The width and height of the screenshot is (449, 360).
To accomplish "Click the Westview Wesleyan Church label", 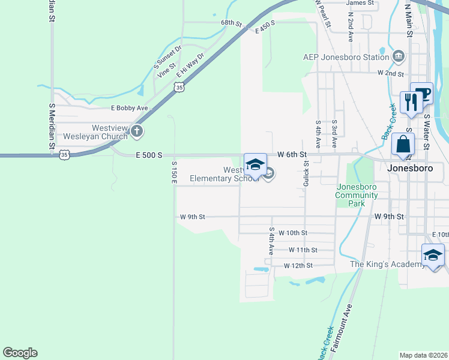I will [109, 132].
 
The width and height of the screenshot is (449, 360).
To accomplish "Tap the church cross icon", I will [137, 130].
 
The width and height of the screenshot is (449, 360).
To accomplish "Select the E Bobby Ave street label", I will [130, 108].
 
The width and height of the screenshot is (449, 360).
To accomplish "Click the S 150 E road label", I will [175, 172].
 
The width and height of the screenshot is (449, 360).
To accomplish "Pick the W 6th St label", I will [291, 154].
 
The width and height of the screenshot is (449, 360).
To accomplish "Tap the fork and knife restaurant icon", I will [411, 101].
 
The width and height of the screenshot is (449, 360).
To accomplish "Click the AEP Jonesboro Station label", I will [346, 58].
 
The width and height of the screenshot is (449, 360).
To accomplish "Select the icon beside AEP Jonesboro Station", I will [399, 57].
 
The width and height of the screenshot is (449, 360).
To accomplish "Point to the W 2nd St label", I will [390, 73].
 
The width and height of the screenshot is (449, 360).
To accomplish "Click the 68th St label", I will [231, 23].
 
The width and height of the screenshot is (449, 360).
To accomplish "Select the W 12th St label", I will [298, 265].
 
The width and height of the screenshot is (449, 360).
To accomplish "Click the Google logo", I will [20, 353].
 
